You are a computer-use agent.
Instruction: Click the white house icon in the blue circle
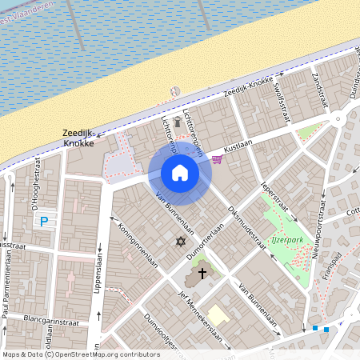(180, 173)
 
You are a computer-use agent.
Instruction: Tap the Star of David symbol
(181, 240)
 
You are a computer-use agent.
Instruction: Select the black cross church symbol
(202, 273)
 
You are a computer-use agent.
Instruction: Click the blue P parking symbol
(45, 222)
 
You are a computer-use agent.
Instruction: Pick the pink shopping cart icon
(218, 158)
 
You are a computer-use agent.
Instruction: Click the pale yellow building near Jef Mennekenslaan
(218, 314)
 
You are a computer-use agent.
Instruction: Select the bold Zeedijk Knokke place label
(79, 138)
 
